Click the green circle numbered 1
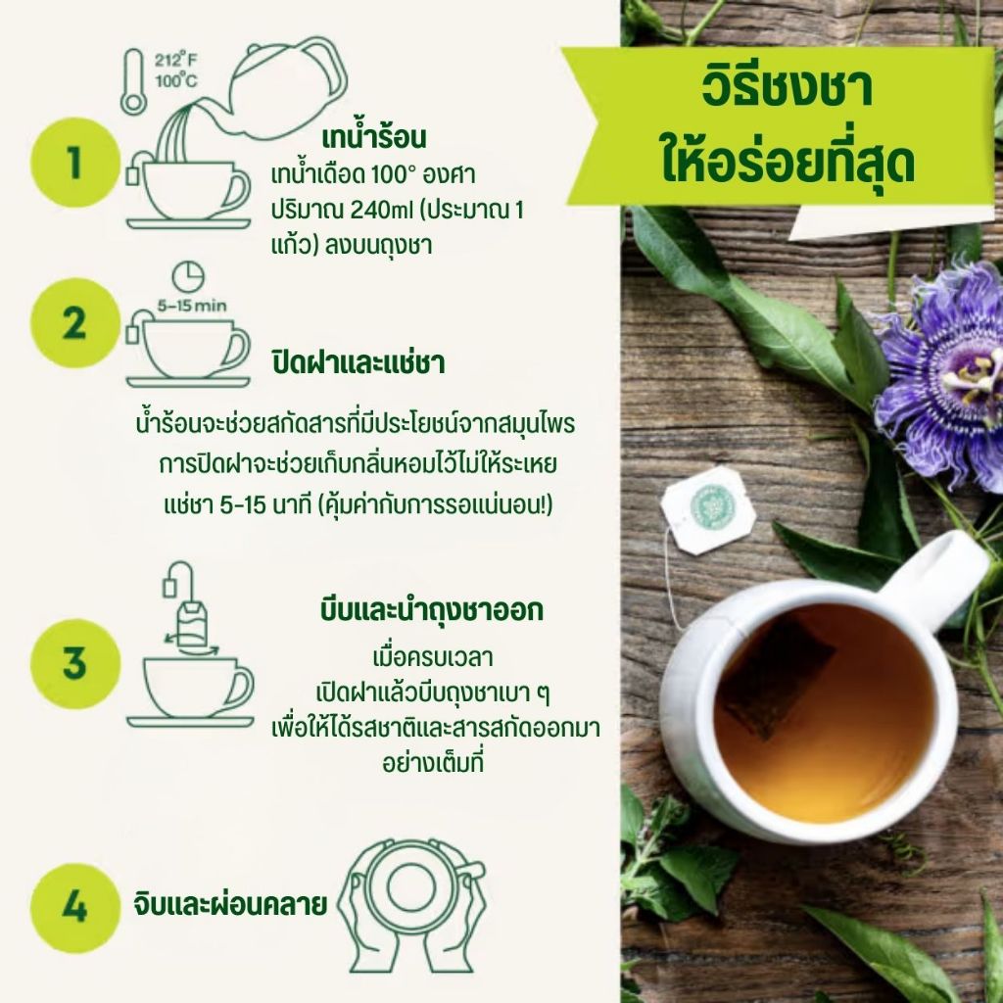[x=75, y=163]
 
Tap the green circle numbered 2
[x=75, y=323]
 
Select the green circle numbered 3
[x=75, y=663]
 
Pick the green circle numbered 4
[x=75, y=908]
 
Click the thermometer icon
[x=133, y=82]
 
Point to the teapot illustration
[x=281, y=89]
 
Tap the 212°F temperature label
[x=175, y=60]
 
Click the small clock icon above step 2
[x=188, y=276]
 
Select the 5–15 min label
[x=192, y=306]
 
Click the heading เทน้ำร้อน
[x=373, y=137]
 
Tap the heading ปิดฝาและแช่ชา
[x=358, y=362]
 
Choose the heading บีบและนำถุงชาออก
[x=432, y=609]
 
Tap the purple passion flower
[x=943, y=377]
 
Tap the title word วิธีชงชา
[x=787, y=89]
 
